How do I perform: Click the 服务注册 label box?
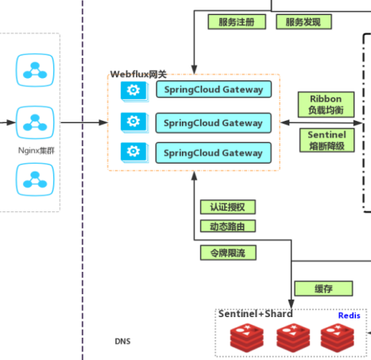[x=236, y=22]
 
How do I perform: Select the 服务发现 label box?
[x=303, y=22]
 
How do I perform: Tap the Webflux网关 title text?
[x=138, y=74]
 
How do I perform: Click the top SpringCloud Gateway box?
[x=213, y=90]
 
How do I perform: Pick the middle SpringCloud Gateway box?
[x=213, y=123]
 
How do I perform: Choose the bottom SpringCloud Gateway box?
[x=213, y=153]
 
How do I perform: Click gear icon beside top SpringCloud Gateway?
[x=133, y=91]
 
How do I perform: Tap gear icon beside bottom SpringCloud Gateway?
[x=133, y=152]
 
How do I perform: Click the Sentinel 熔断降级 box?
[x=327, y=141]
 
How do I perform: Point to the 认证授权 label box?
[x=227, y=207]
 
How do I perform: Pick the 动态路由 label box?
[x=227, y=226]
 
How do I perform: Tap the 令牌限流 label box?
[x=227, y=254]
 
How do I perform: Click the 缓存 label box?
[x=312, y=288]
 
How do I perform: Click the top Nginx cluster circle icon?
[x=33, y=71]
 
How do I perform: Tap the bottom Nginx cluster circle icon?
[x=33, y=178]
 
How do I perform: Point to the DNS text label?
[x=122, y=342]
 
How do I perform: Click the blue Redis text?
[x=349, y=315]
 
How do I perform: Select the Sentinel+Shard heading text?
[x=255, y=314]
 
